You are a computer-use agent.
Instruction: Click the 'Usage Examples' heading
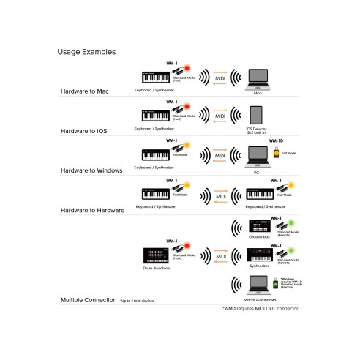pos(86,53)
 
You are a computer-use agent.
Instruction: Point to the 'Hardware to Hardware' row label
pos(91,209)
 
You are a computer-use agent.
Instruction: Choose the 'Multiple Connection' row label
pos(89,300)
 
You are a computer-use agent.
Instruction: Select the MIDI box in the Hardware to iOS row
pos(220,116)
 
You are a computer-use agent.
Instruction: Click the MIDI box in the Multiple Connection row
pos(220,256)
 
